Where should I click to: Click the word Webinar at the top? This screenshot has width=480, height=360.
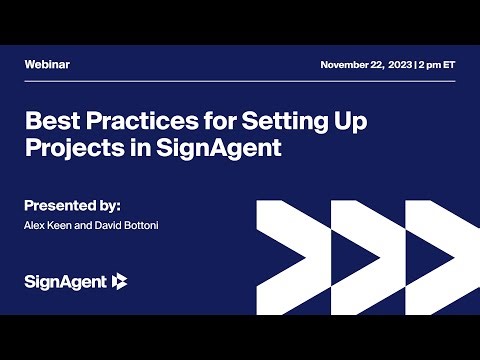pyautogui.click(x=47, y=64)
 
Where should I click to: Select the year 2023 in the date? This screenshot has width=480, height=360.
pyautogui.click(x=398, y=64)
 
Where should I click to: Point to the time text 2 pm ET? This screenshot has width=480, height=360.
pyautogui.click(x=437, y=64)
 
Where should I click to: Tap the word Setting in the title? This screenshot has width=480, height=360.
pyautogui.click(x=276, y=124)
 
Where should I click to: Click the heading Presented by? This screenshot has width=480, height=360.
pyautogui.click(x=79, y=204)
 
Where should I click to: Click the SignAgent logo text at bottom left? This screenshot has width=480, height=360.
pyautogui.click(x=66, y=282)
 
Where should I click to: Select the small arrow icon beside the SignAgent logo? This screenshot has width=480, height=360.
pyautogui.click(x=120, y=281)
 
